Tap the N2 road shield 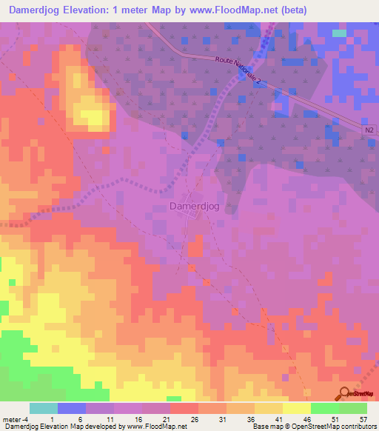tap(369, 130)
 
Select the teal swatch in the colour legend tap(43, 408)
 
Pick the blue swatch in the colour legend tap(72, 408)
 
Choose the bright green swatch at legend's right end tap(353, 408)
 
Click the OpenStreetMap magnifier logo tap(346, 394)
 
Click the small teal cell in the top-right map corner tap(339, 33)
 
